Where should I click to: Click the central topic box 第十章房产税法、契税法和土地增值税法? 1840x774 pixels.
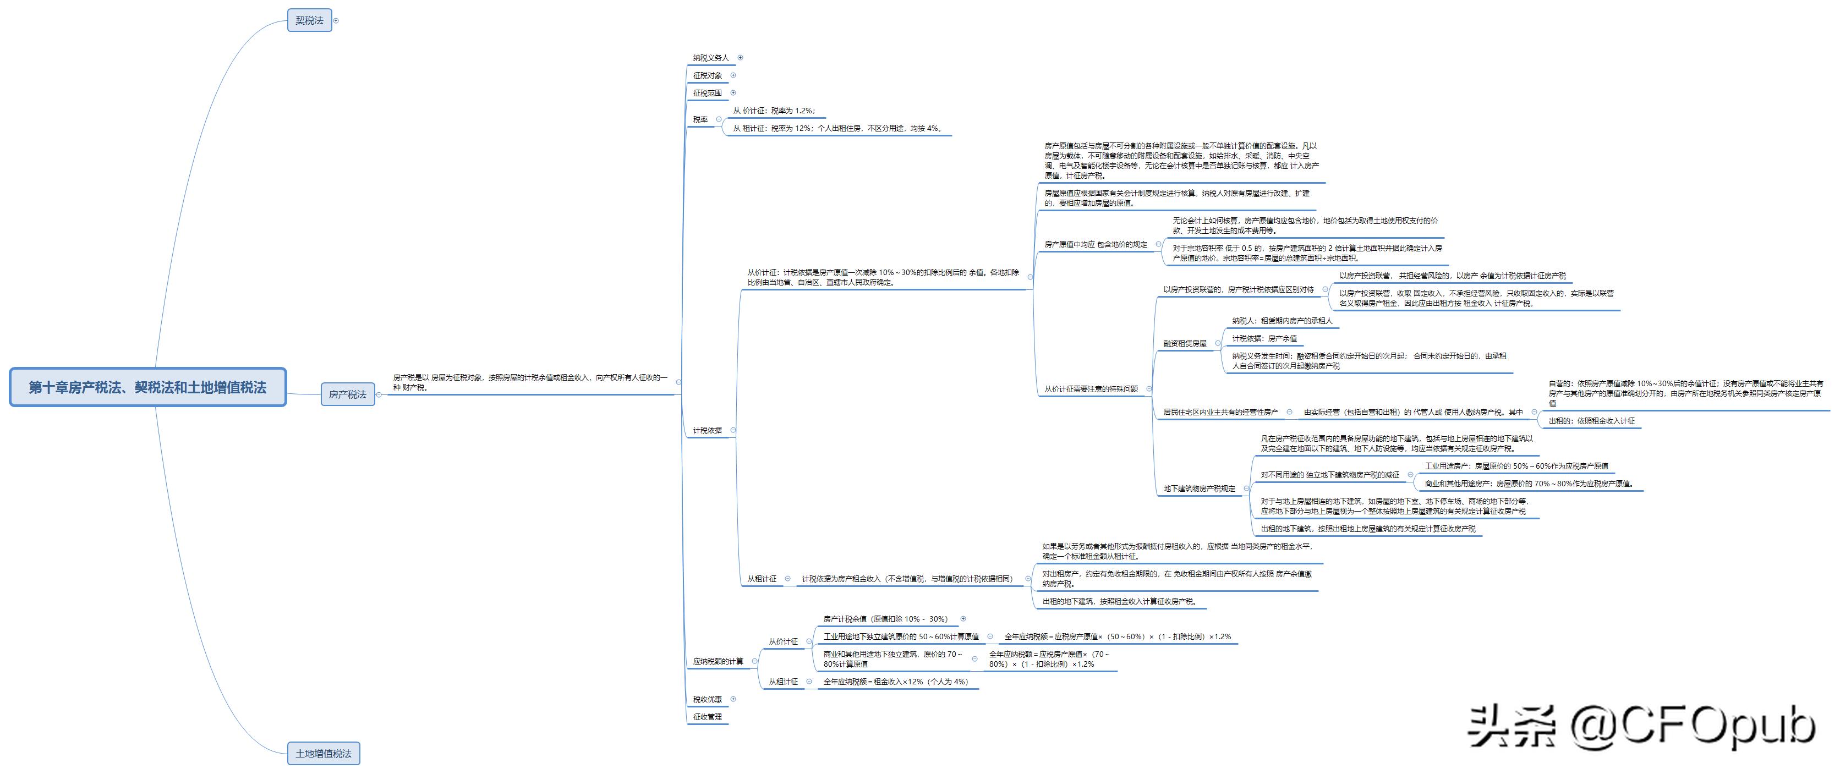(x=148, y=388)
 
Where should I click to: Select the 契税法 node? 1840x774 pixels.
(x=309, y=20)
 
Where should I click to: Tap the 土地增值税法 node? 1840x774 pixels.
(x=324, y=753)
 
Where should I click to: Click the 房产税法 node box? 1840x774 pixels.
(x=347, y=394)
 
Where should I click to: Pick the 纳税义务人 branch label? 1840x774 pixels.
(x=711, y=58)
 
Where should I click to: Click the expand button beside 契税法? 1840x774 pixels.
(x=336, y=21)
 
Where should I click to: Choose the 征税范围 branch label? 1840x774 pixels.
(x=707, y=93)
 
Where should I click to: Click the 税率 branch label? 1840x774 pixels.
(x=700, y=120)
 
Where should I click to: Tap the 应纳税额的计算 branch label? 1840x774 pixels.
(x=718, y=661)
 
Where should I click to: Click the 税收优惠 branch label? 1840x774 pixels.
(x=707, y=700)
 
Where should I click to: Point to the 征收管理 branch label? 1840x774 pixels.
(x=707, y=717)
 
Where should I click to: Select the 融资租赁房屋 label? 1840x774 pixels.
(x=1185, y=343)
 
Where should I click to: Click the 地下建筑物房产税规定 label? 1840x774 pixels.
(x=1200, y=489)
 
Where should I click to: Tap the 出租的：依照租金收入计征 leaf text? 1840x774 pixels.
(x=1591, y=421)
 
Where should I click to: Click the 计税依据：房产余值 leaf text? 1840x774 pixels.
(x=1264, y=338)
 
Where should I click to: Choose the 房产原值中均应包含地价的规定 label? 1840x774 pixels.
(x=1096, y=244)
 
